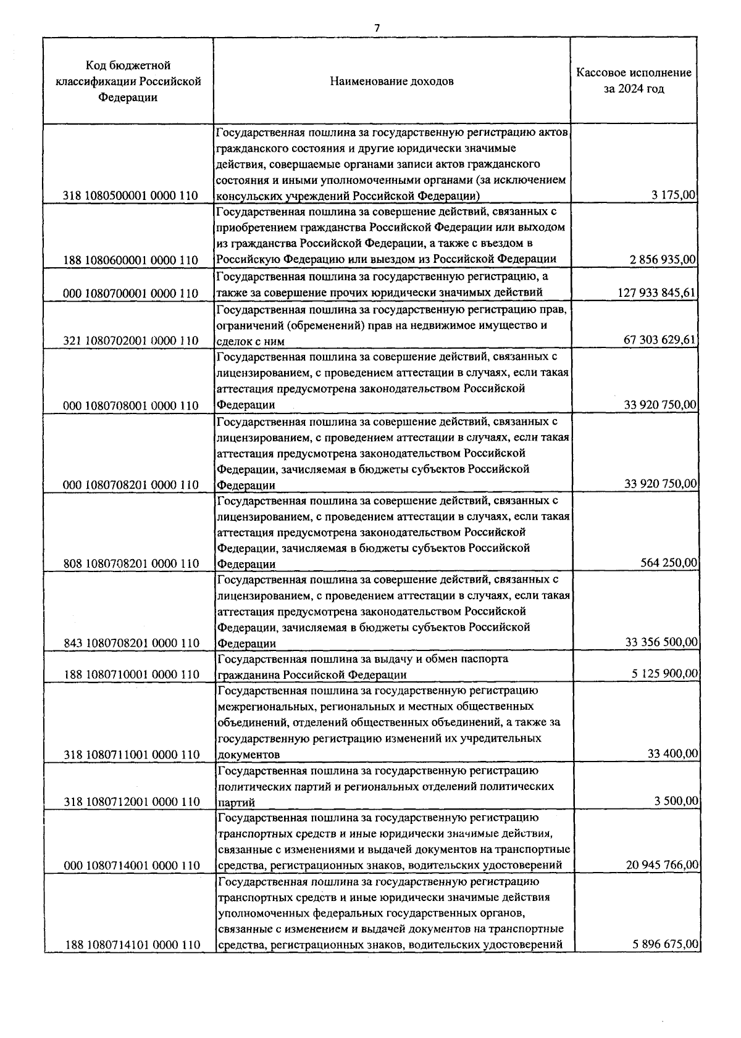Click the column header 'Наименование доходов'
pos(391,81)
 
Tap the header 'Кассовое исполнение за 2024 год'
pos(634,81)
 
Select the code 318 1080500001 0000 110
pos(130,196)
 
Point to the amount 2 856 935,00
pos(663,260)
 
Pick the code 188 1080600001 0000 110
pos(130,260)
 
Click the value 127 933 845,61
pos(657,292)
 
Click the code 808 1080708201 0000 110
pos(130,563)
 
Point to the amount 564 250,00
pos(670,563)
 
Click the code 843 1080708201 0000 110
pos(130,643)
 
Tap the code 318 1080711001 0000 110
pos(130,754)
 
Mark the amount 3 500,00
pos(676,801)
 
